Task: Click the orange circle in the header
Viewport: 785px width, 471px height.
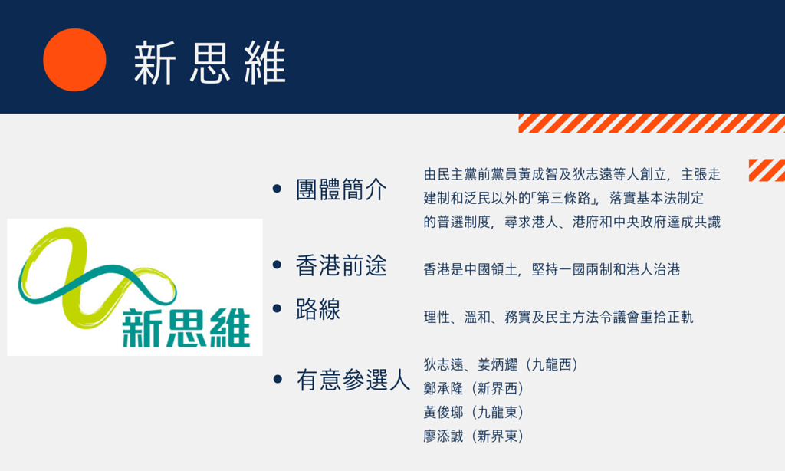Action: [x=74, y=60]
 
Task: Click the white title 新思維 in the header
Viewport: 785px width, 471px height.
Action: [x=210, y=63]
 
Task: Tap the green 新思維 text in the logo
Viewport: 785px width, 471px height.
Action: [x=186, y=328]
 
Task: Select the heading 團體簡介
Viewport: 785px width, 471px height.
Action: [x=341, y=189]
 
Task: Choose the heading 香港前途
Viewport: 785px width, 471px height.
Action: [x=341, y=265]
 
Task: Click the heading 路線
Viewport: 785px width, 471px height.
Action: [x=318, y=308]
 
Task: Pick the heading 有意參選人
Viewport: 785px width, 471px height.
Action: [x=353, y=379]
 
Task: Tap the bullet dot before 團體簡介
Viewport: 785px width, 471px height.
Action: [x=277, y=189]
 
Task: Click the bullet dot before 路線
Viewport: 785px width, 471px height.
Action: [x=277, y=308]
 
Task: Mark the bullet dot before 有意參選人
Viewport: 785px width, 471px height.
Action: [x=277, y=379]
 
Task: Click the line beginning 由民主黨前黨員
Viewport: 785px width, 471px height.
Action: [x=572, y=174]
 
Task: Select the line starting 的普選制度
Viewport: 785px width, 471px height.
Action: [x=572, y=222]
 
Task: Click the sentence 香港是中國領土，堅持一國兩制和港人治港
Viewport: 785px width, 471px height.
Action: [x=552, y=269]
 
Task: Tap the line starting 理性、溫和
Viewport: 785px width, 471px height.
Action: [x=558, y=317]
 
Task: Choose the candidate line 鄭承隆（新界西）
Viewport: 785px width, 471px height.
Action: [x=474, y=388]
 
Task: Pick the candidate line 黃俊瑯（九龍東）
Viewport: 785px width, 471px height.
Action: [x=474, y=413]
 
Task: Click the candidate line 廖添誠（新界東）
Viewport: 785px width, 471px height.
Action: [x=474, y=436]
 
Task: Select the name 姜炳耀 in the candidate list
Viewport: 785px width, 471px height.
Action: [x=497, y=365]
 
